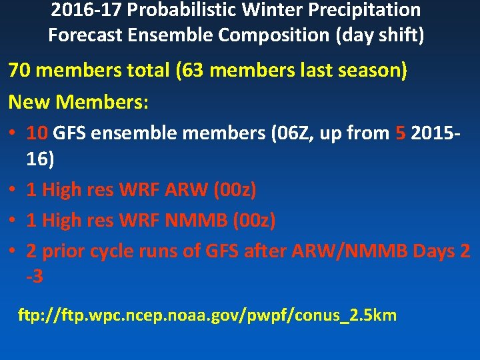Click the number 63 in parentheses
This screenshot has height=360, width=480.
(194, 71)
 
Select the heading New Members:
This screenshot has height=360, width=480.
(79, 102)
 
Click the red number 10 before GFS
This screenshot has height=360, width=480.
(37, 133)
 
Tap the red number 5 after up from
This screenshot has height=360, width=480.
(400, 133)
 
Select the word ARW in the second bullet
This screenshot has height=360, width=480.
(182, 190)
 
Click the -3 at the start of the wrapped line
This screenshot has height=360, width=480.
(35, 276)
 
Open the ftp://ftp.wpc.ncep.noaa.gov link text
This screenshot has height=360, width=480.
(207, 315)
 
